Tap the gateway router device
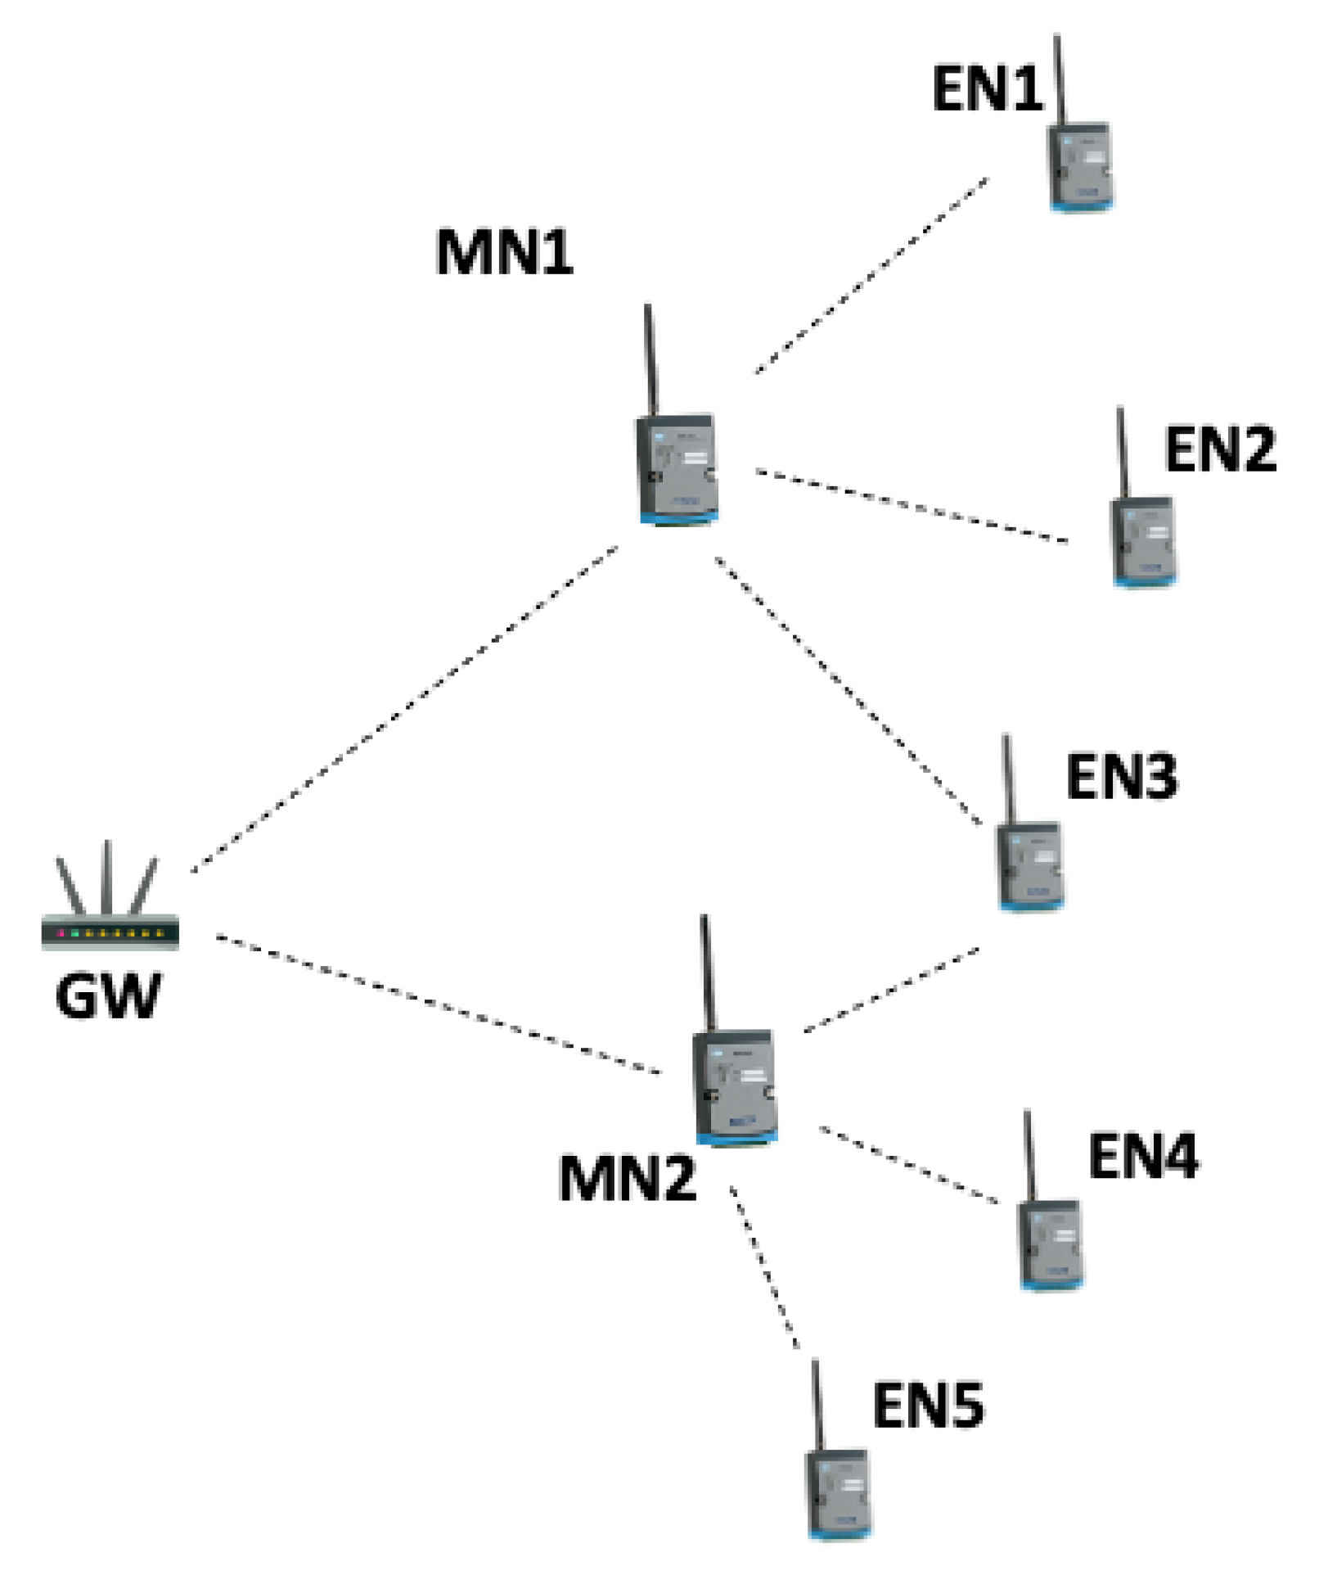point(110,932)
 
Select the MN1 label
point(504,252)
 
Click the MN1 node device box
point(678,469)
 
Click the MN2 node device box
point(735,1086)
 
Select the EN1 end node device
point(1080,166)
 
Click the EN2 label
point(1220,449)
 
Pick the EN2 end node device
point(1143,541)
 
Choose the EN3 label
point(1121,777)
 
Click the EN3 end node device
point(1030,866)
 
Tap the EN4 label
point(1143,1157)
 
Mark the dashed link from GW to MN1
point(404,710)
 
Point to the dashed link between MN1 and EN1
point(871,275)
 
